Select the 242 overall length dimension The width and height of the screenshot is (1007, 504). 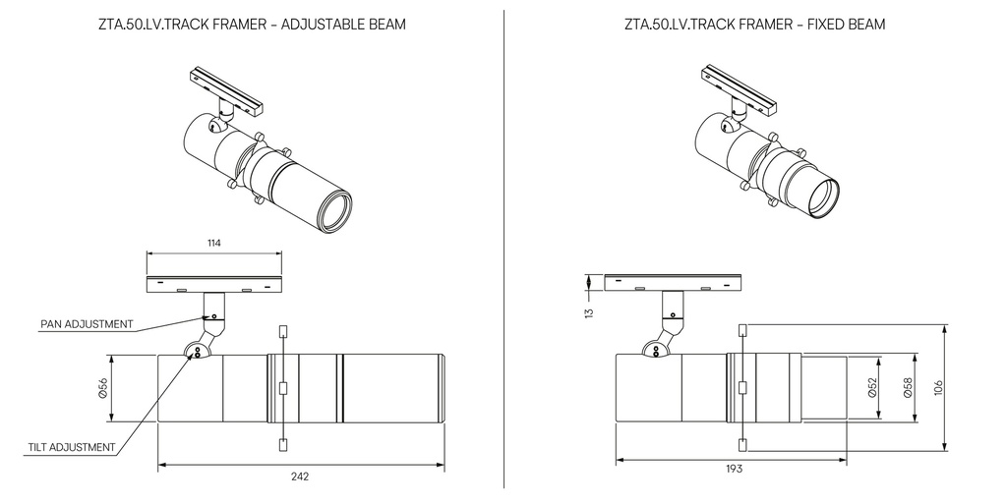click(x=300, y=476)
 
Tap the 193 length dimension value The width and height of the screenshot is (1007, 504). click(x=734, y=470)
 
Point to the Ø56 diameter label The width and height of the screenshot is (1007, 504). click(x=102, y=389)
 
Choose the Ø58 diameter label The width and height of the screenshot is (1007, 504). click(x=906, y=389)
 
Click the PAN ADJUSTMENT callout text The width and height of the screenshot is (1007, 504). click(x=87, y=323)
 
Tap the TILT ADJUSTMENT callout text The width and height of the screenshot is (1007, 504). click(x=72, y=447)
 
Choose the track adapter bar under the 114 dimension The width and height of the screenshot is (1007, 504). click(x=214, y=284)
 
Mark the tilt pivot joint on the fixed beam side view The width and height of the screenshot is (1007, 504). click(x=653, y=349)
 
